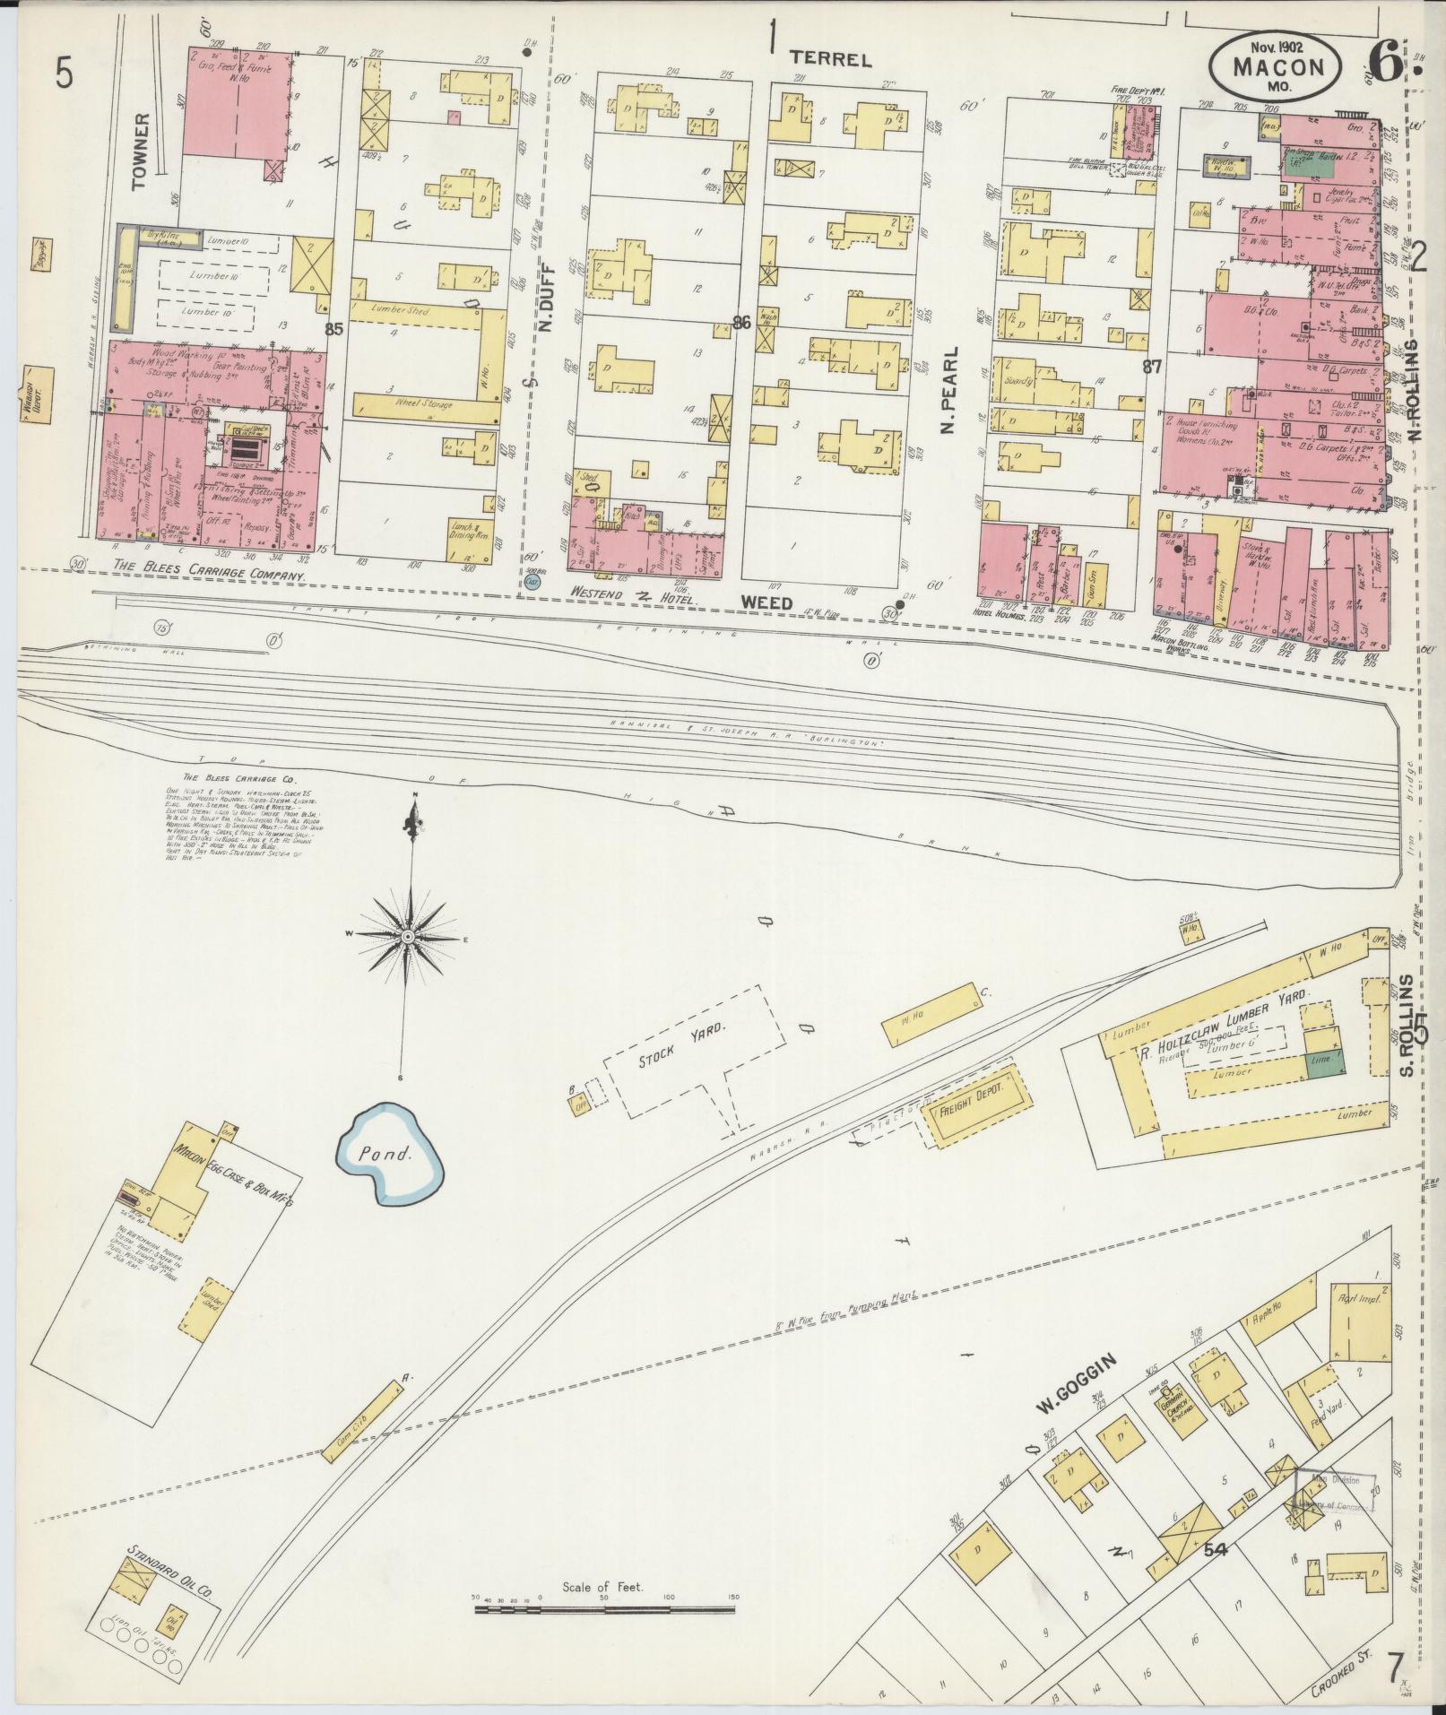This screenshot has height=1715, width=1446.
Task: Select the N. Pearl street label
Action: click(x=951, y=391)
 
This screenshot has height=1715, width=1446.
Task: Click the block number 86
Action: click(x=741, y=324)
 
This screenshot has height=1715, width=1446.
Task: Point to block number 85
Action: click(x=334, y=329)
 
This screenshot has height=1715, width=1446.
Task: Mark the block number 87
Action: click(x=1153, y=366)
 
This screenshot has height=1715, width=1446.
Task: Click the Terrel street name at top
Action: click(x=830, y=59)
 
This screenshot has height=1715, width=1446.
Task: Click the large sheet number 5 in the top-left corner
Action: click(x=64, y=73)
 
